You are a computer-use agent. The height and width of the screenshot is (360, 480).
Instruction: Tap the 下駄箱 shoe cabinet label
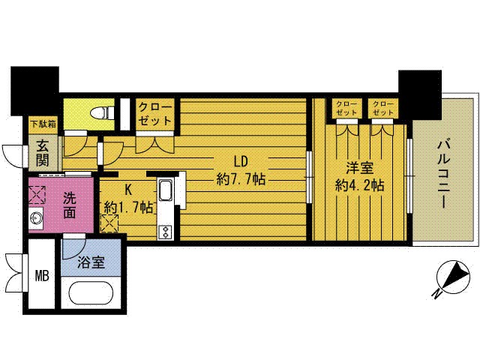click(44, 124)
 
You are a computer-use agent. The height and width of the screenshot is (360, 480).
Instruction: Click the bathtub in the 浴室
click(90, 293)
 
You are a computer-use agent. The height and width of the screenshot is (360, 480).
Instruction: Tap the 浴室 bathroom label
click(91, 262)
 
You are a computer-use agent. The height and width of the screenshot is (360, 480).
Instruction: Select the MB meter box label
click(42, 277)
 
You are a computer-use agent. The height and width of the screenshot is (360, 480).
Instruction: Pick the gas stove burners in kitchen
click(166, 232)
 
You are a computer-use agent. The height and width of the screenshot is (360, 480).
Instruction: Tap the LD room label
click(241, 161)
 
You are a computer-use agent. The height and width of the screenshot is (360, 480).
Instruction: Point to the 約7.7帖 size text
click(241, 178)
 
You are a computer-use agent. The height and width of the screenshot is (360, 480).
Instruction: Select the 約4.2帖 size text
click(360, 185)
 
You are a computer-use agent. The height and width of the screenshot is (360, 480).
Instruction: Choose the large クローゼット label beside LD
click(155, 114)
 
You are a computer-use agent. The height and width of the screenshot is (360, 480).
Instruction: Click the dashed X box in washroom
click(37, 195)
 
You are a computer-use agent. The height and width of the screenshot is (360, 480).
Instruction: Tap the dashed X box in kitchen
click(109, 223)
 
